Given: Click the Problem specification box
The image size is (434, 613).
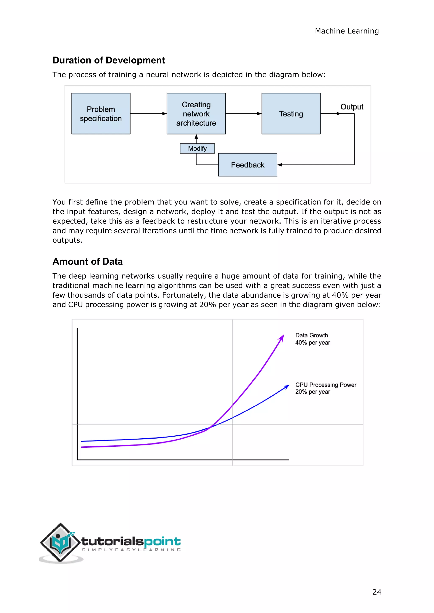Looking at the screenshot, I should (x=101, y=113).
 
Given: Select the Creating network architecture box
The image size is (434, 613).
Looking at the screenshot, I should (x=196, y=113).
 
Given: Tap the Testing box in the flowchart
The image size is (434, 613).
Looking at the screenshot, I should (x=291, y=113).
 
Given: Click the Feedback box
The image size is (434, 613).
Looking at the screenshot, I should (x=248, y=165).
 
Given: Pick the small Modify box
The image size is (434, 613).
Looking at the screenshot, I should (x=197, y=148).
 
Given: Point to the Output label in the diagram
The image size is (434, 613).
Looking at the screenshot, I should (x=352, y=107).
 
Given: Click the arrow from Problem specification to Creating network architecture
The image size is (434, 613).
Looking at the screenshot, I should (x=148, y=113).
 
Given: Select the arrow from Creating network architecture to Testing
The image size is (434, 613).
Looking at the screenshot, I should (x=243, y=113).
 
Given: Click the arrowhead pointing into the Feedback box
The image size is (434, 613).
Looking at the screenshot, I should (x=280, y=165).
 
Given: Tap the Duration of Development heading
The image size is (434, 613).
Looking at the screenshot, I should (x=108, y=60).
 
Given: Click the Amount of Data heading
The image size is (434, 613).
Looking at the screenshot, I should (x=87, y=261).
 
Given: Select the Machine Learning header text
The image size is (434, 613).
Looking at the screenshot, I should (x=347, y=31).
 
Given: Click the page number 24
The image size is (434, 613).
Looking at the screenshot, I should (x=377, y=592).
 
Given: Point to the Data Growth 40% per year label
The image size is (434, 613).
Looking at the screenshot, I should (x=312, y=339).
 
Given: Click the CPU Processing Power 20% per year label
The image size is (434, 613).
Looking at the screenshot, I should (x=325, y=388).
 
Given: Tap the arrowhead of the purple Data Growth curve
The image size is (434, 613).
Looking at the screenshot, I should (x=281, y=337).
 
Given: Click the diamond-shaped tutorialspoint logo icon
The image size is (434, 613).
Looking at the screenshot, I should (x=60, y=542).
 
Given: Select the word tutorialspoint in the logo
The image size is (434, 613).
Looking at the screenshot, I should (x=131, y=541).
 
